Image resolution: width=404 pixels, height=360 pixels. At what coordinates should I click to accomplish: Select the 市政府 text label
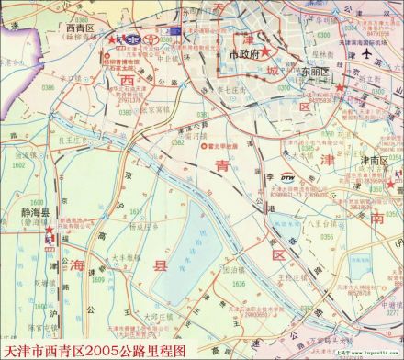(245, 54)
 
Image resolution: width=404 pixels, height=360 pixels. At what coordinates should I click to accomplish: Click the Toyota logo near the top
(132, 40)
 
